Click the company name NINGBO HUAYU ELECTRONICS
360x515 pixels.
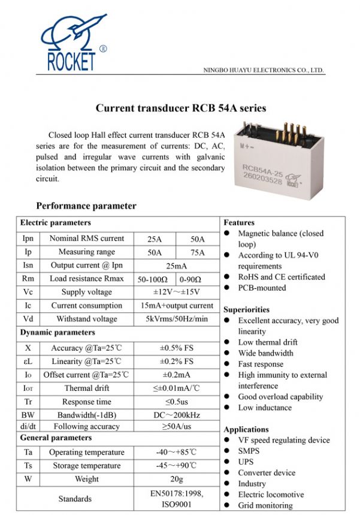[264, 70]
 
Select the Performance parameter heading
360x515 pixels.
[86, 206]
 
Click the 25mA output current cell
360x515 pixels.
[176, 266]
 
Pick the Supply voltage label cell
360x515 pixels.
[86, 292]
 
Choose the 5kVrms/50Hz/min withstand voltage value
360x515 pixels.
[176, 319]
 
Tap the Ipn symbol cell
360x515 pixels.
[28, 239]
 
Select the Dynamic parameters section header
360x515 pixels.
[58, 332]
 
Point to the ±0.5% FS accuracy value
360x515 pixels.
[176, 348]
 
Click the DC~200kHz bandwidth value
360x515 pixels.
[176, 415]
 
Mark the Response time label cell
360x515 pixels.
[86, 402]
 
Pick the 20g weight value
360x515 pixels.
[176, 479]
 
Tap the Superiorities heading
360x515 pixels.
[246, 309]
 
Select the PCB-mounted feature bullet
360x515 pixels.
[262, 288]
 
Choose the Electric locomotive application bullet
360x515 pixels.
[271, 495]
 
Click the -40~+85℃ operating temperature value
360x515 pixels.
[176, 452]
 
